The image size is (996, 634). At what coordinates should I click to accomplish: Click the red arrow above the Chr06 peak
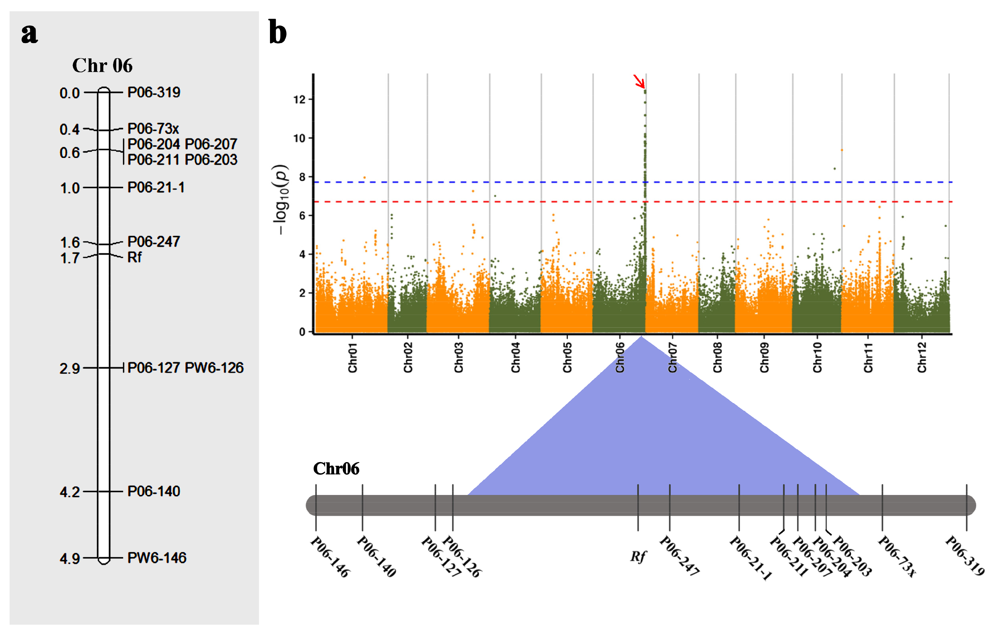click(639, 81)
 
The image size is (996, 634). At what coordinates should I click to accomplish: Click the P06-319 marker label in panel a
click(153, 92)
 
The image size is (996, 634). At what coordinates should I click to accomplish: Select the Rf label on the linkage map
click(134, 257)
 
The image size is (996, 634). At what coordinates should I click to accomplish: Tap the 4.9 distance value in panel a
click(70, 559)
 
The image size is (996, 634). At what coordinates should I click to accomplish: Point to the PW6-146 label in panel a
click(157, 558)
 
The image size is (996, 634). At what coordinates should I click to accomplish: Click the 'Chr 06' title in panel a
click(102, 65)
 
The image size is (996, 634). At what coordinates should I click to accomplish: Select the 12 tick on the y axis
click(300, 99)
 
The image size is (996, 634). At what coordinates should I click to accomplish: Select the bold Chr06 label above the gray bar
click(336, 468)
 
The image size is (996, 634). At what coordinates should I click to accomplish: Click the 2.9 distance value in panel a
click(70, 368)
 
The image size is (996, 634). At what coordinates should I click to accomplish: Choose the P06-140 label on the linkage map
click(153, 491)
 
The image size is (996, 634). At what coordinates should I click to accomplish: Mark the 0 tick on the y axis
click(302, 332)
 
